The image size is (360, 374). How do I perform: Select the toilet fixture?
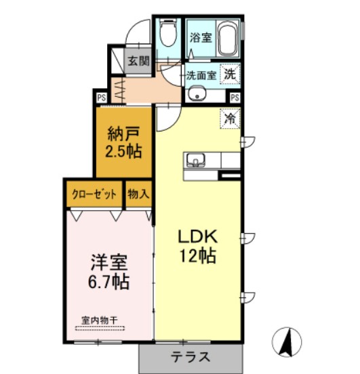tap(167, 34)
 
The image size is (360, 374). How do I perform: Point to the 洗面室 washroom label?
tap(201, 75)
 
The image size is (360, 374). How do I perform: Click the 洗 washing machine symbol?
tap(231, 74)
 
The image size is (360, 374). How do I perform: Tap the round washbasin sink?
tap(197, 94)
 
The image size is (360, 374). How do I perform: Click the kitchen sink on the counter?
tap(196, 160)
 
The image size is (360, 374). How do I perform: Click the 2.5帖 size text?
tap(123, 150)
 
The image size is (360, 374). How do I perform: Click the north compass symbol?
tap(287, 341)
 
